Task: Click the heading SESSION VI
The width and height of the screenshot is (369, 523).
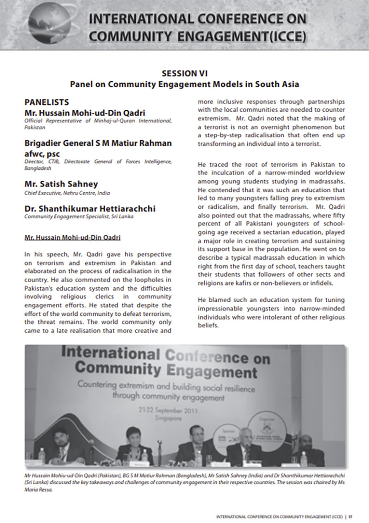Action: [184, 73]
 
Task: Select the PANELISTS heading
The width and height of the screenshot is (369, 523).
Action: [47, 102]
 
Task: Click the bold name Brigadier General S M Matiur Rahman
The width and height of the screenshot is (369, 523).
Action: [98, 143]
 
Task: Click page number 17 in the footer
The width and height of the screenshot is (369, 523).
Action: [351, 516]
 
